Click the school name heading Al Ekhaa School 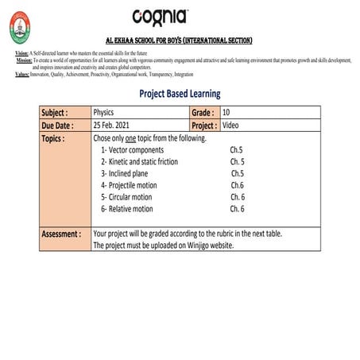[x=179, y=40]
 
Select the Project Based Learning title [x=180, y=94]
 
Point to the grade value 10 [x=227, y=113]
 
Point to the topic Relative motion [x=130, y=209]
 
